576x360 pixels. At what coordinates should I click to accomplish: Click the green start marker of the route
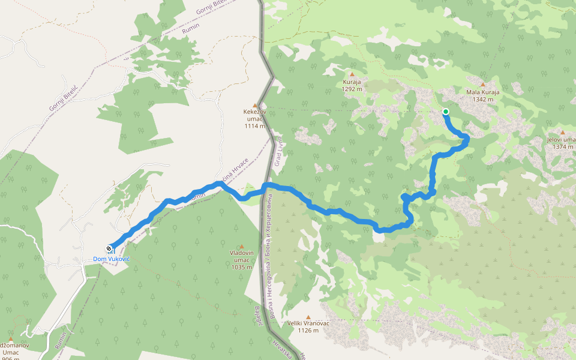446,112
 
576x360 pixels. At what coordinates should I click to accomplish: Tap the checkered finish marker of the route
109,248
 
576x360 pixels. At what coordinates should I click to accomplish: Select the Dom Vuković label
112,259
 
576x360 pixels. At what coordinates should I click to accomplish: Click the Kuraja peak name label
352,82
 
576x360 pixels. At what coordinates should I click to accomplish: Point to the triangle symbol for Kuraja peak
352,74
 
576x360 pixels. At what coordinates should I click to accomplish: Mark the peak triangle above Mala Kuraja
483,85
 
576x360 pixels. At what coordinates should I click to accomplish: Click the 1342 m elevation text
482,100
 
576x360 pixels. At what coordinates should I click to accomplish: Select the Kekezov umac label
255,112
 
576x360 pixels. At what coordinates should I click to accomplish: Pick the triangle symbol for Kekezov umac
255,105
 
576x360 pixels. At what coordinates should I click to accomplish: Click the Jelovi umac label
562,140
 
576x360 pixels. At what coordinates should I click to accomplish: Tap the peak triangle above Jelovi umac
563,132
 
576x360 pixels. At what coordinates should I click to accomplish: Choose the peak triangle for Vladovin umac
242,247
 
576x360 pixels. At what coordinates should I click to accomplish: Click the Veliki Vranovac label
308,323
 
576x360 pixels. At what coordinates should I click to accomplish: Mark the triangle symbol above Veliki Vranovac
308,317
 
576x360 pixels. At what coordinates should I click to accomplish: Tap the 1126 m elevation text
308,330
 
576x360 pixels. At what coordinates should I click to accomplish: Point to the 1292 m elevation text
352,89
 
